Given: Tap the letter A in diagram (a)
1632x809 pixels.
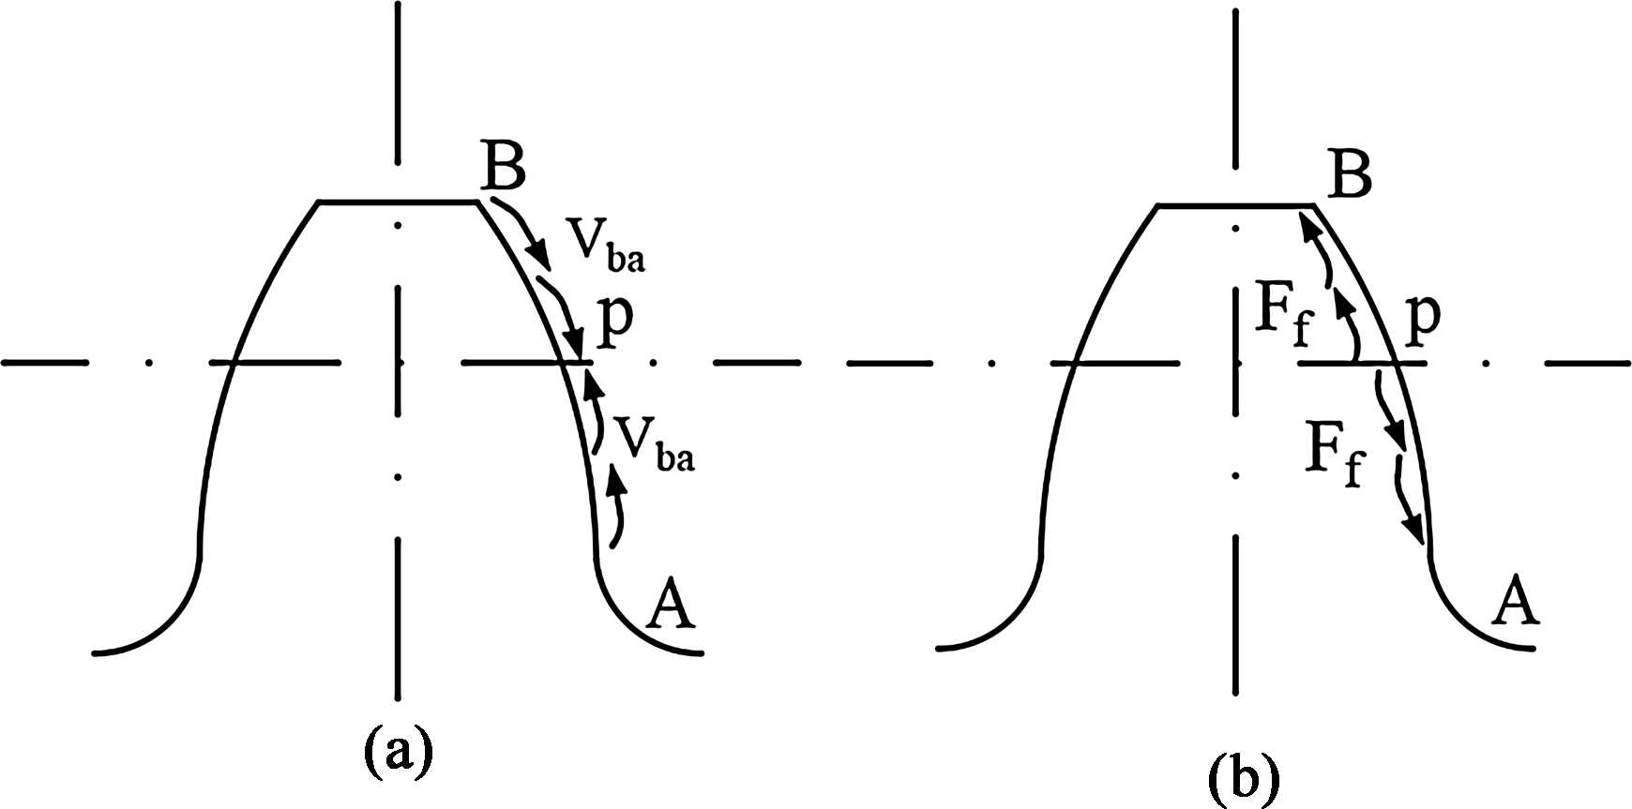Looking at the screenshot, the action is click(672, 605).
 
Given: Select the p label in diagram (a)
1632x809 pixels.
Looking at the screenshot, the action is click(615, 320).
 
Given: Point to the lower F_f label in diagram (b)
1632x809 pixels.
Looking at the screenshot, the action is click(1334, 455).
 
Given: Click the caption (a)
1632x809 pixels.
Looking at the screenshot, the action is click(398, 750).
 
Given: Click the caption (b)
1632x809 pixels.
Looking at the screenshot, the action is click(1243, 776).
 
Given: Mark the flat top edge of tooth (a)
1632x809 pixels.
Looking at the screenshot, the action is click(399, 202).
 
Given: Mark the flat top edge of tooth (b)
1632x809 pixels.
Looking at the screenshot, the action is click(1234, 204).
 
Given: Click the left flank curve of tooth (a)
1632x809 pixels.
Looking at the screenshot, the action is click(225, 394).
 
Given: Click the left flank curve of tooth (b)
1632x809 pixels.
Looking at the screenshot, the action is click(1066, 394).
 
